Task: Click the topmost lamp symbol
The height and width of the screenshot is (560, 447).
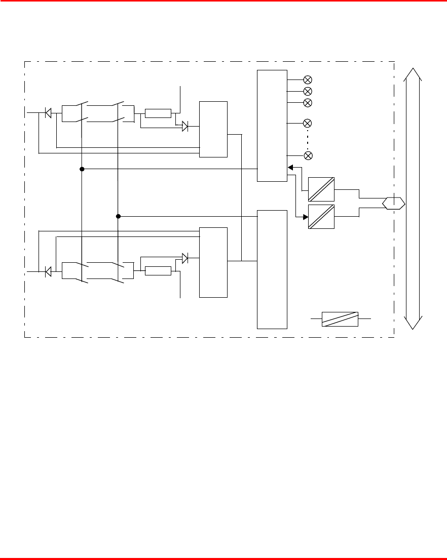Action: point(307,79)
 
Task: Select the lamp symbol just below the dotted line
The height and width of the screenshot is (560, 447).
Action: point(307,155)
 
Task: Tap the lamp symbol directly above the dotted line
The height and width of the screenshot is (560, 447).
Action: point(307,123)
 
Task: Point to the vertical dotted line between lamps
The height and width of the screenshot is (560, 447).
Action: point(307,139)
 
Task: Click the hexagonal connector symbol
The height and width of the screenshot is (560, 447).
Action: point(394,203)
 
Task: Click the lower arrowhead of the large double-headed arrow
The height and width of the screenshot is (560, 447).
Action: point(413,323)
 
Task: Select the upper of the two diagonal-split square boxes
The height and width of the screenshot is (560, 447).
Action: point(321,189)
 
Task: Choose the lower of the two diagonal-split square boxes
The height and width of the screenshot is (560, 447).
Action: point(321,217)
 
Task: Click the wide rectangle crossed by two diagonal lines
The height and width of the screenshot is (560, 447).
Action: point(340,319)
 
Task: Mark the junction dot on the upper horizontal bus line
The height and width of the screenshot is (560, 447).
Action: point(82,169)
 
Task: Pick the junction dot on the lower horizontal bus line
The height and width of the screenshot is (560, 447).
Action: point(118,216)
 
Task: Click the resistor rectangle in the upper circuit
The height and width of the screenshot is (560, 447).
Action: point(158,113)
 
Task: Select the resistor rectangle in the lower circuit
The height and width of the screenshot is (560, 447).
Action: point(158,271)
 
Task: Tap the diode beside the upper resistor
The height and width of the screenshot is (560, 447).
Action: point(185,127)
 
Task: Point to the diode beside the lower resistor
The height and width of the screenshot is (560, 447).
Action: point(185,258)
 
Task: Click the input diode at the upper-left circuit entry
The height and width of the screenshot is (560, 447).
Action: point(48,113)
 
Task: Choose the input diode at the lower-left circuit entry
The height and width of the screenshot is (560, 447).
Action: point(48,272)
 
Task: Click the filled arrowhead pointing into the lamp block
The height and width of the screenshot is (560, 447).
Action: point(290,168)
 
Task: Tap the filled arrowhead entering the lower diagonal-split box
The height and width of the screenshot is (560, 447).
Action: point(306,217)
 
